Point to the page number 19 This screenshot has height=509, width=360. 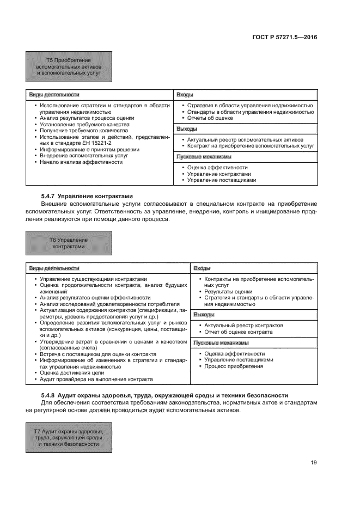(x=314, y=463)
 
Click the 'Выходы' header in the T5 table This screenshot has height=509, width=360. (x=186, y=129)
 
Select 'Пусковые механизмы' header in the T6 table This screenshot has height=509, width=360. (x=221, y=342)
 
